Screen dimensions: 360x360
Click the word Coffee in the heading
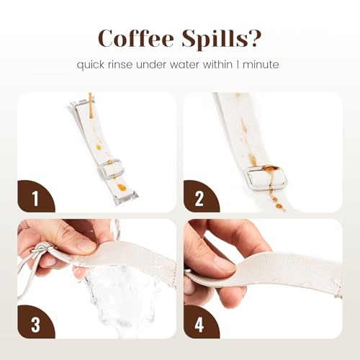[136, 38]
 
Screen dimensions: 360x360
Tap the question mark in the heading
[255, 38]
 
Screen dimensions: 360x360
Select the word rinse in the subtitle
[120, 65]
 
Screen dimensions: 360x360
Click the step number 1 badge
[35, 197]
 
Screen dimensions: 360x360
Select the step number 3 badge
[35, 323]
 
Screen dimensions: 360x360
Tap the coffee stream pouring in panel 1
[90, 106]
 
